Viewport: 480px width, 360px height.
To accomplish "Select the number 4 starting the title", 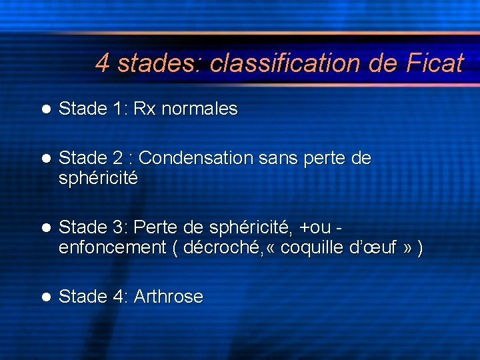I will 102,63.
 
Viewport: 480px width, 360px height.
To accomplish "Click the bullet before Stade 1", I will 45,109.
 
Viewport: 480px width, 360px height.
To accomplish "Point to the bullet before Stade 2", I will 45,159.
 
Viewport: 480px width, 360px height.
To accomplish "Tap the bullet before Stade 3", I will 45,227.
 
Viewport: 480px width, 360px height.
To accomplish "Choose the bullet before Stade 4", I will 45,297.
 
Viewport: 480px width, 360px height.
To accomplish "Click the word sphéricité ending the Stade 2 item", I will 98,179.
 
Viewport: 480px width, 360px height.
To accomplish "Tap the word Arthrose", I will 168,297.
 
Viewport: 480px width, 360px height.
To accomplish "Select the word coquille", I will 312,248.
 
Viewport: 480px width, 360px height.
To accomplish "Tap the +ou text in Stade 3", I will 317,227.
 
